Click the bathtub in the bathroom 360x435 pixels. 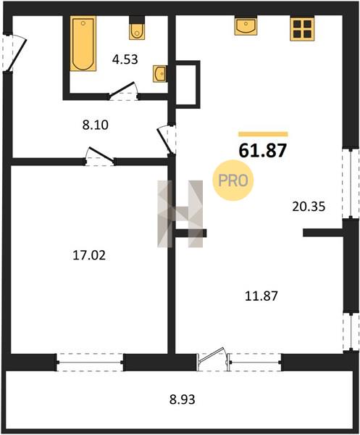coord(83,43)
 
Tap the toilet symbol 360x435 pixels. coord(137,28)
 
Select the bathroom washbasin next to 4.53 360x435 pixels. coord(160,74)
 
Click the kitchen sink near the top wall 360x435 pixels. coord(246,26)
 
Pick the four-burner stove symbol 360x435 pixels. coord(302,29)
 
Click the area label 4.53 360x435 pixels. coord(125,59)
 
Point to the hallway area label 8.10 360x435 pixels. coord(95,125)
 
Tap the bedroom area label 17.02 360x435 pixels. coord(89,255)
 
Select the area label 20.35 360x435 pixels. coord(309,207)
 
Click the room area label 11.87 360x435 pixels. coord(261,296)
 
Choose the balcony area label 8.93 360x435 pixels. coord(183,399)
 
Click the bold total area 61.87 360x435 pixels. coord(262,151)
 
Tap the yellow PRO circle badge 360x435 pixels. coord(233,181)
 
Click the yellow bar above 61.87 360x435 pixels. coord(263,134)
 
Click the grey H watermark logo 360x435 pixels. coord(180,214)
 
